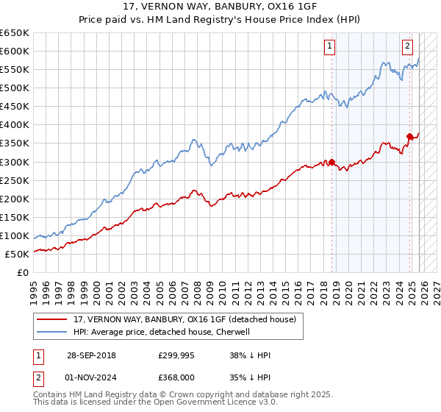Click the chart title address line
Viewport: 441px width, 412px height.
pyautogui.click(x=220, y=7)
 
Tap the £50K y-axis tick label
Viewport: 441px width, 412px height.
pyautogui.click(x=17, y=254)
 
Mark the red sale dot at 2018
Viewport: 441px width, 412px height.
pyautogui.click(x=331, y=162)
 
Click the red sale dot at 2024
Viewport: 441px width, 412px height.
pyautogui.click(x=410, y=136)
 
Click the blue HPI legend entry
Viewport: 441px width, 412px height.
pyautogui.click(x=162, y=332)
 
